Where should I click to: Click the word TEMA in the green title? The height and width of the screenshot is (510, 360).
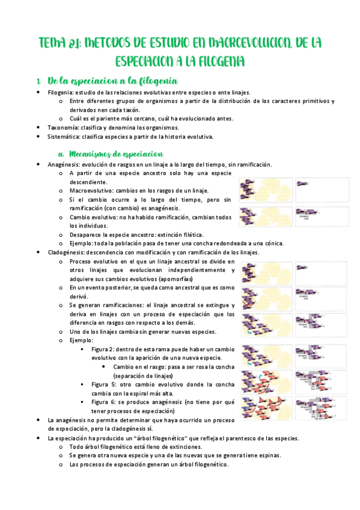[x=53, y=43]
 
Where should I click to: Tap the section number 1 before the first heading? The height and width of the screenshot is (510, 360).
[x=38, y=81]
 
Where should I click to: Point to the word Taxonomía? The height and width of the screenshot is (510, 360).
[x=62, y=127]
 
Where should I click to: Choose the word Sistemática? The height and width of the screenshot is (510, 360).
[x=63, y=137]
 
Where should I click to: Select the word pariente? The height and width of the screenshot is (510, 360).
[x=100, y=119]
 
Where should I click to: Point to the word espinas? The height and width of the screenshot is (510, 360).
[x=268, y=456]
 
